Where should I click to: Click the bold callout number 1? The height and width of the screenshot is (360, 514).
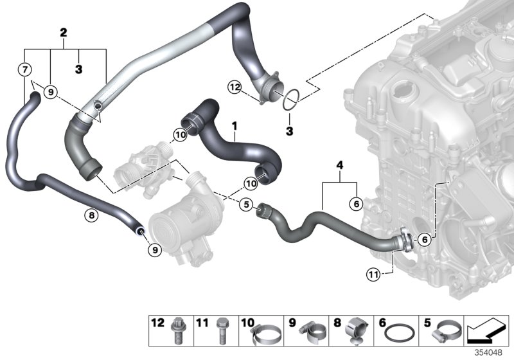pos(235,123)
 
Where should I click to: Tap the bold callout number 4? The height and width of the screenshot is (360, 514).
pos(339,166)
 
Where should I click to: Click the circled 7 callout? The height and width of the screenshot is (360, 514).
pos(24,69)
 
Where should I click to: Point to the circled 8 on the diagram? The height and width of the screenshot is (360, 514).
pos(91,216)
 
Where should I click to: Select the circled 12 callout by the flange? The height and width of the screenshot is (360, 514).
pos(235,87)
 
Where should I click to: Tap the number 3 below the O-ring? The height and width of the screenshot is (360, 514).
pos(290,130)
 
